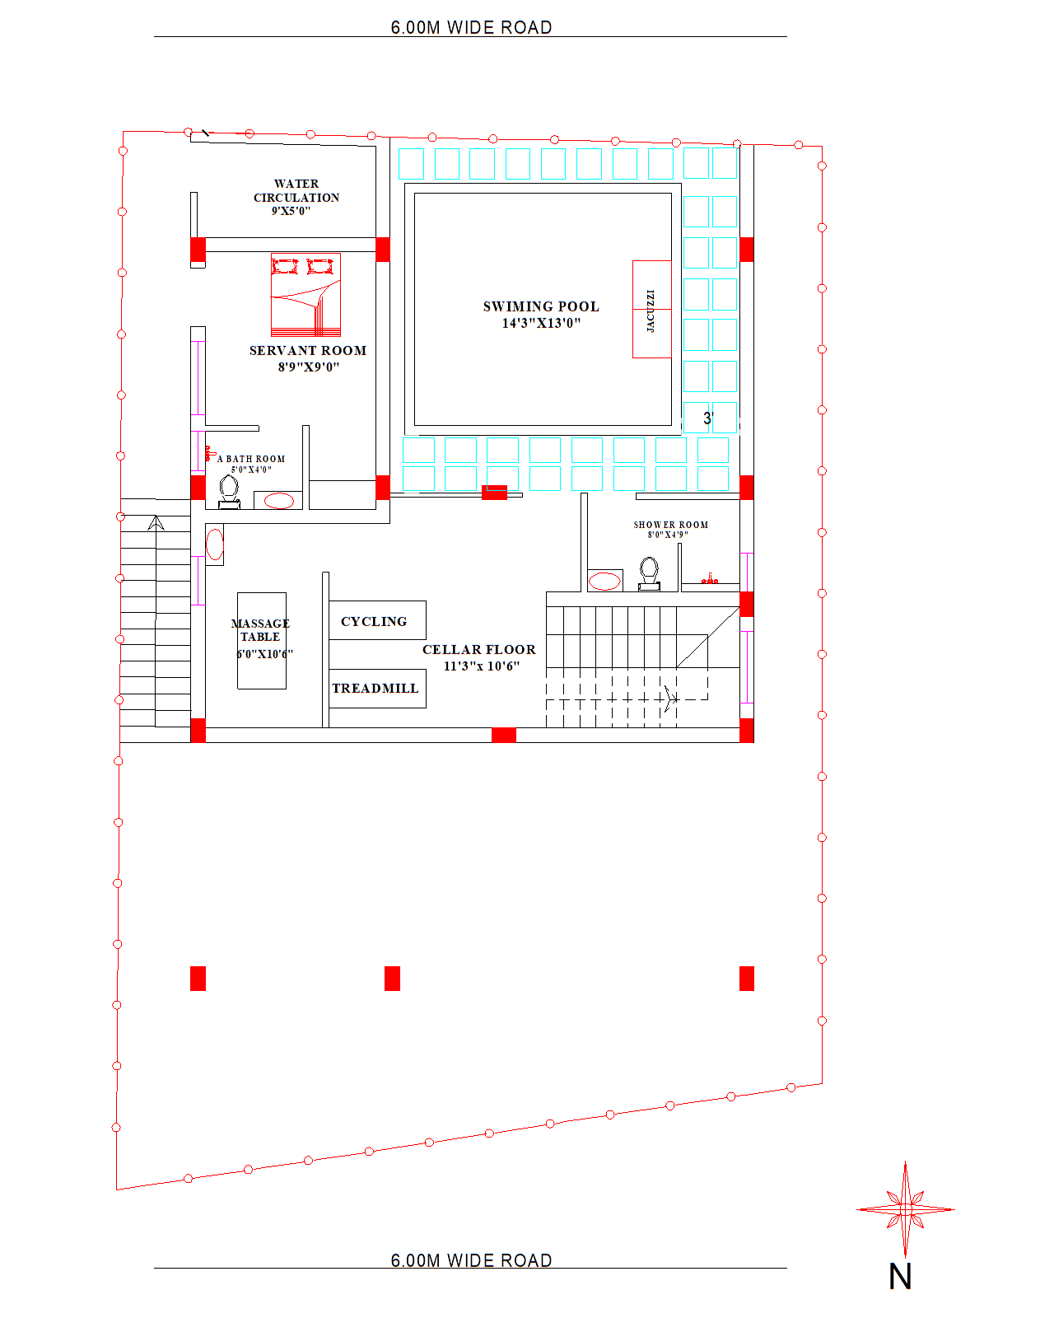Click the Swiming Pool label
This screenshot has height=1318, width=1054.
541,306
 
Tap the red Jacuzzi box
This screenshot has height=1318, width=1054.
651,309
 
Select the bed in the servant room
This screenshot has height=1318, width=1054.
305,295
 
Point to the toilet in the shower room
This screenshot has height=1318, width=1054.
649,573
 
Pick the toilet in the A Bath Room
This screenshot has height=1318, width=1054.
229,493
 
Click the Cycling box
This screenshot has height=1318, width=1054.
377,619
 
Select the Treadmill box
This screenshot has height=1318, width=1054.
377,689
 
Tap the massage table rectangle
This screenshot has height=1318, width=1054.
262,641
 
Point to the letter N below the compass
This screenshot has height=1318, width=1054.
900,1276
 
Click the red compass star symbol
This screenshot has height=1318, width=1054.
905,1209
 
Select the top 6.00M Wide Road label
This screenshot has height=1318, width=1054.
472,27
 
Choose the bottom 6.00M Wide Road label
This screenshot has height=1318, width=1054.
472,1260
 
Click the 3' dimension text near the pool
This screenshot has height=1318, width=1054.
708,418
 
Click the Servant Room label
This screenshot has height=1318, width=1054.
308,350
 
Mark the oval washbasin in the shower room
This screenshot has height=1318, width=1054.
604,581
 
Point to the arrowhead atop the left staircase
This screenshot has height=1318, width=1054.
156,522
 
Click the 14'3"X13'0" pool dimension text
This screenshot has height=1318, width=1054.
541,324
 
